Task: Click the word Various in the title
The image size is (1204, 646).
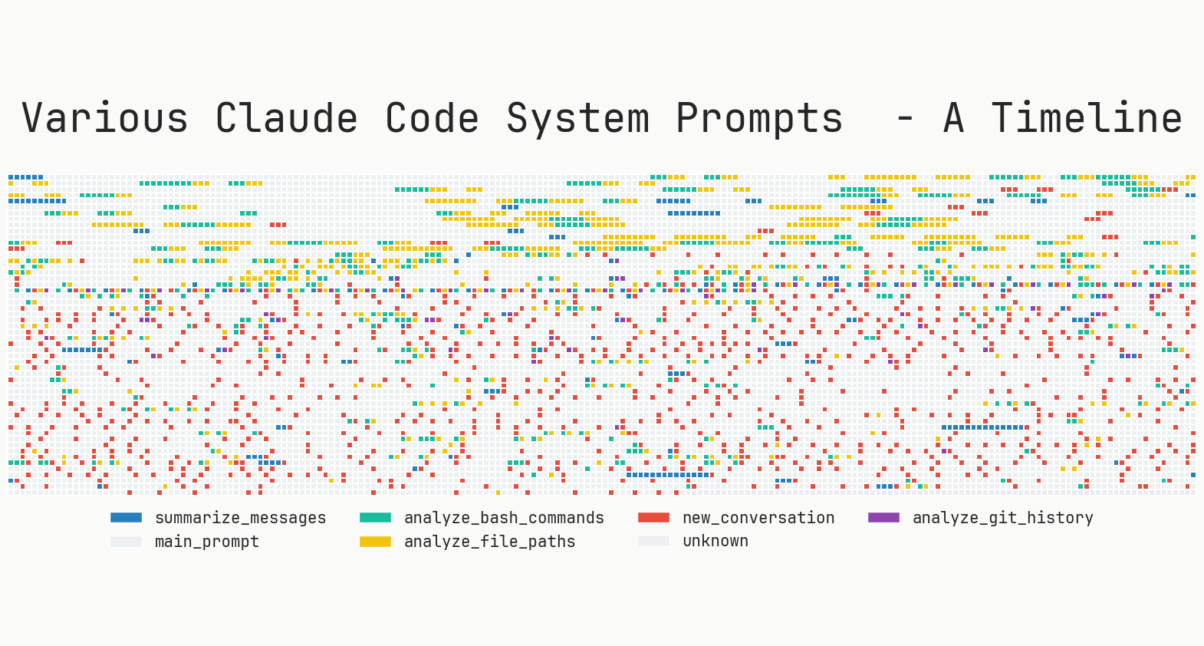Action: (x=105, y=119)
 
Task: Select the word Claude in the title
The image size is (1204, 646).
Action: (x=286, y=119)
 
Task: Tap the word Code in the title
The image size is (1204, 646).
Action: (x=432, y=119)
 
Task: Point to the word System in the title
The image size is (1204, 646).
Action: (x=577, y=119)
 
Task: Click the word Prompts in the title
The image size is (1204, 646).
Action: (x=759, y=119)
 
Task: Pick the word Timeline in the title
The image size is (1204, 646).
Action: (x=1086, y=119)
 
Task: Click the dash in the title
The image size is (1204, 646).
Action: (x=905, y=119)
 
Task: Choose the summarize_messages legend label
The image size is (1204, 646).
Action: (x=240, y=518)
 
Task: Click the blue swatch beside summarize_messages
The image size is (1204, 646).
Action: (x=126, y=518)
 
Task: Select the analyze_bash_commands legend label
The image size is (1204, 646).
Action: (x=504, y=518)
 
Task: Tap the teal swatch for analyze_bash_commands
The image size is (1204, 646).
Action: (x=375, y=518)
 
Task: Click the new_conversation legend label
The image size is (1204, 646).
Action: (x=758, y=518)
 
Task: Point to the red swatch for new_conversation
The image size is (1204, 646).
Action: (x=653, y=518)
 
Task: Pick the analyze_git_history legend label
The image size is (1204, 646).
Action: (x=1002, y=518)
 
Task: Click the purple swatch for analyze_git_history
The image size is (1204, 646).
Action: (x=883, y=518)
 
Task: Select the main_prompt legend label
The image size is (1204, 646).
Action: (x=207, y=542)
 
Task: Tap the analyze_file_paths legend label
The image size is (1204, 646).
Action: (x=489, y=542)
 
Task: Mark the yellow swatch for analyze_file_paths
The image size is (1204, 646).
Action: (x=375, y=542)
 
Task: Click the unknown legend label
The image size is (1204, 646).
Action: (x=715, y=541)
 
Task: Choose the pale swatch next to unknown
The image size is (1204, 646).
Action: (x=653, y=541)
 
